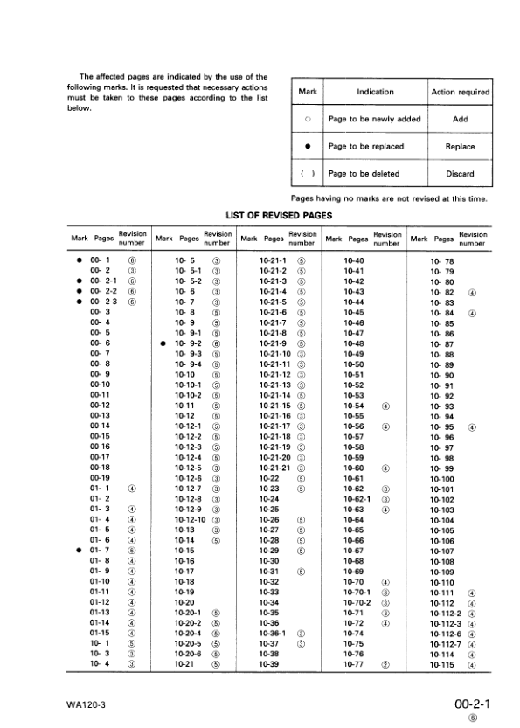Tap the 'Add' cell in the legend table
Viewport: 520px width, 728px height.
tap(461, 120)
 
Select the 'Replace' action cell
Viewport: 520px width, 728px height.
tap(461, 147)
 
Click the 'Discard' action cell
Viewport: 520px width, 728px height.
tap(461, 174)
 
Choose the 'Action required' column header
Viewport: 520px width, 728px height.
tap(461, 92)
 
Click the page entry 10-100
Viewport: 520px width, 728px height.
tap(442, 478)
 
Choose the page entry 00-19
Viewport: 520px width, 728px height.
tap(100, 478)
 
